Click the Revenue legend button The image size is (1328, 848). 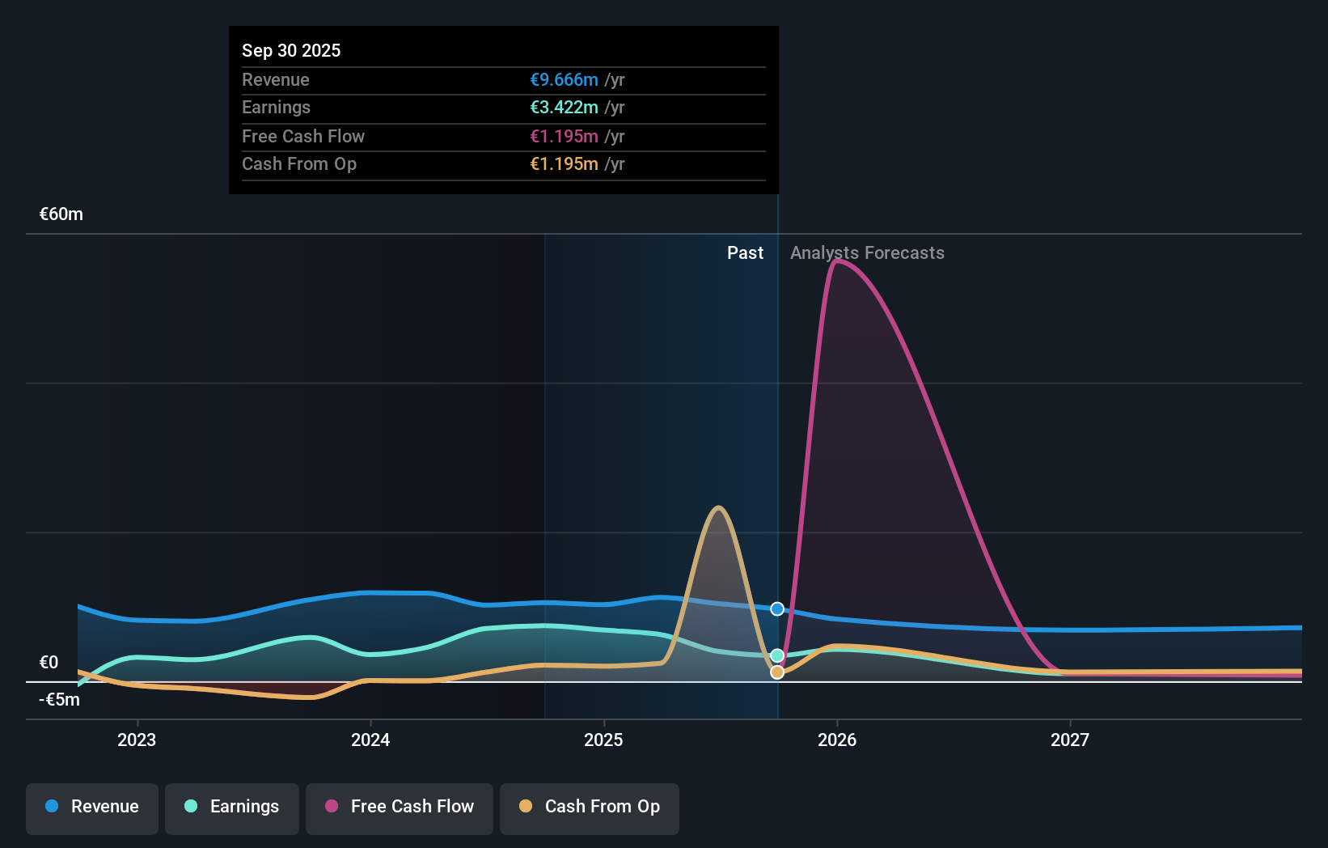click(92, 807)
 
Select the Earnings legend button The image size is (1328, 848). click(232, 807)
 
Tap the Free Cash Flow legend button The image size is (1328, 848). click(400, 807)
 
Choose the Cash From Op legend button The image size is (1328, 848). click(590, 807)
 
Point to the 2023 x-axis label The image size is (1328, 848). click(137, 740)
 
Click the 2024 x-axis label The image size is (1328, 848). click(370, 740)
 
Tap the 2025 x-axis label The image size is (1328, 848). click(603, 740)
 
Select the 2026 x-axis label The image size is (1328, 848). click(837, 740)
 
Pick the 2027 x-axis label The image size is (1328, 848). click(1070, 740)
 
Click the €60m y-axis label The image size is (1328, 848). click(61, 214)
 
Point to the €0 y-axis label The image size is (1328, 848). click(49, 663)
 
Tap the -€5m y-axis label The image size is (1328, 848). click(60, 700)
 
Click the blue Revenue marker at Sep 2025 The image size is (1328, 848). click(777, 609)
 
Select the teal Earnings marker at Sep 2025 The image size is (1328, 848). click(777, 655)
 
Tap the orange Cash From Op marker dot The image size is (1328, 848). click(777, 672)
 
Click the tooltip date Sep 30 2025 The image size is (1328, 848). click(291, 50)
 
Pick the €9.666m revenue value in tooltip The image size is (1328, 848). click(564, 80)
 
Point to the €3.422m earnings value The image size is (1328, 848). click(564, 108)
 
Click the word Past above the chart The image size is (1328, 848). click(745, 253)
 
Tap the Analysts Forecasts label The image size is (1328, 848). click(867, 253)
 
